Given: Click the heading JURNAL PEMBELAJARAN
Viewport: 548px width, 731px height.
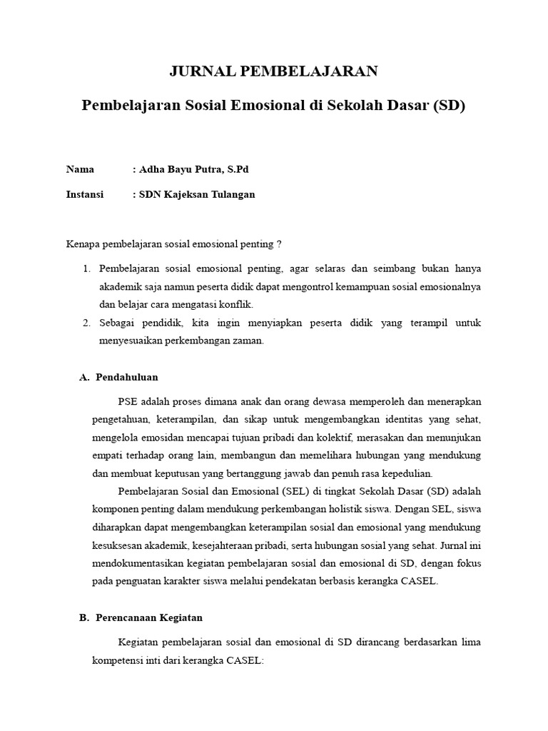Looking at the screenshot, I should (273, 71).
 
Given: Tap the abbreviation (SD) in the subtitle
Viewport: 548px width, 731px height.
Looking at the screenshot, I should (449, 106).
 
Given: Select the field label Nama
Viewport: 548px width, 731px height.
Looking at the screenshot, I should (80, 169).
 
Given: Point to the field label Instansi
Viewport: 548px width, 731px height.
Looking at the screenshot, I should (85, 194).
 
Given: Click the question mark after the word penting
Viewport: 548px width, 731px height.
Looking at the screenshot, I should (278, 244).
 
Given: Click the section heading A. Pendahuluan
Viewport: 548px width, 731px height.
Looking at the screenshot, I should (118, 377).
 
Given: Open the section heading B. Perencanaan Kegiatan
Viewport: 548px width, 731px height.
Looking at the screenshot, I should (141, 617).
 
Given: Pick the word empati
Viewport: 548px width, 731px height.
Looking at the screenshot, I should (107, 455).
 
